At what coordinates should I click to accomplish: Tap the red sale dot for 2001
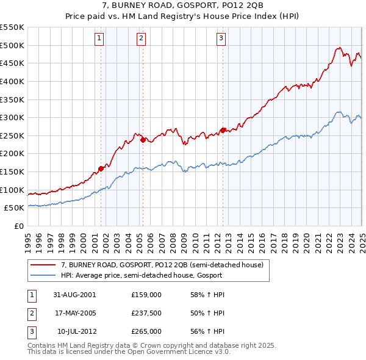pyautogui.click(x=101, y=168)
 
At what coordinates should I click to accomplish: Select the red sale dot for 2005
pyautogui.click(x=143, y=140)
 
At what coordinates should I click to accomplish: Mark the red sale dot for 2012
pyautogui.click(x=223, y=130)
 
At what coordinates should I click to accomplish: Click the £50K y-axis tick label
pyautogui.click(x=14, y=208)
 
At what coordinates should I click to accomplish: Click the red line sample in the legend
pyautogui.click(x=43, y=265)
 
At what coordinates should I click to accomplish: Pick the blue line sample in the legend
pyautogui.click(x=43, y=275)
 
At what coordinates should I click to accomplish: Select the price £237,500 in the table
pyautogui.click(x=146, y=313)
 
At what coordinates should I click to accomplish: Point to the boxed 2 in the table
pyautogui.click(x=31, y=313)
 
